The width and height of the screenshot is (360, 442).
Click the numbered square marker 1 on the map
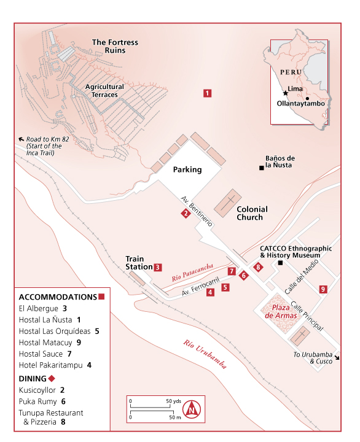pos(208,93)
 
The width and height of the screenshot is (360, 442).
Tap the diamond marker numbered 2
pos(186,214)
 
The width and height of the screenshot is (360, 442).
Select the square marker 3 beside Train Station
pos(158,267)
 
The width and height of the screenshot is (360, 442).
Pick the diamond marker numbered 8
pos(258,267)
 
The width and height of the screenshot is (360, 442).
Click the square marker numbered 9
pos(323,289)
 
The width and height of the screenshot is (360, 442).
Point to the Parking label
pos(187,169)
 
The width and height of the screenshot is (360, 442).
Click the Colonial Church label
pos(252,213)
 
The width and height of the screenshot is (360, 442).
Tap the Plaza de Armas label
pos(281,311)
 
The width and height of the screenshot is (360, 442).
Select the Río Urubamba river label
pos(205,354)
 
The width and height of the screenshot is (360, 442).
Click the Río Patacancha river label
pos(192,273)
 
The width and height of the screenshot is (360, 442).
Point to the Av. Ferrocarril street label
pos(201,287)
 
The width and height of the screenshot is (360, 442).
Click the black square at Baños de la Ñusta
pos(262,168)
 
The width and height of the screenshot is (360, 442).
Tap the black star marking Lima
pos(286,93)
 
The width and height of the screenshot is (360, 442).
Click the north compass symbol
pos(192,409)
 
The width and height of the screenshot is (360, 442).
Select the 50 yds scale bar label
pos(173,401)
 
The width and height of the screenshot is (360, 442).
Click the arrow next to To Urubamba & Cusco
pos(337,358)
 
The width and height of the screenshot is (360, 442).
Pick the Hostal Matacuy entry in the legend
pos(50,343)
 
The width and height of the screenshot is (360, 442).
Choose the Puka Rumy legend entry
pos(42,401)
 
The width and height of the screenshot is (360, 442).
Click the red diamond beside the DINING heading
pos(52,378)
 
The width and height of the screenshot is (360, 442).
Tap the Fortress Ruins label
pos(115,46)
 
